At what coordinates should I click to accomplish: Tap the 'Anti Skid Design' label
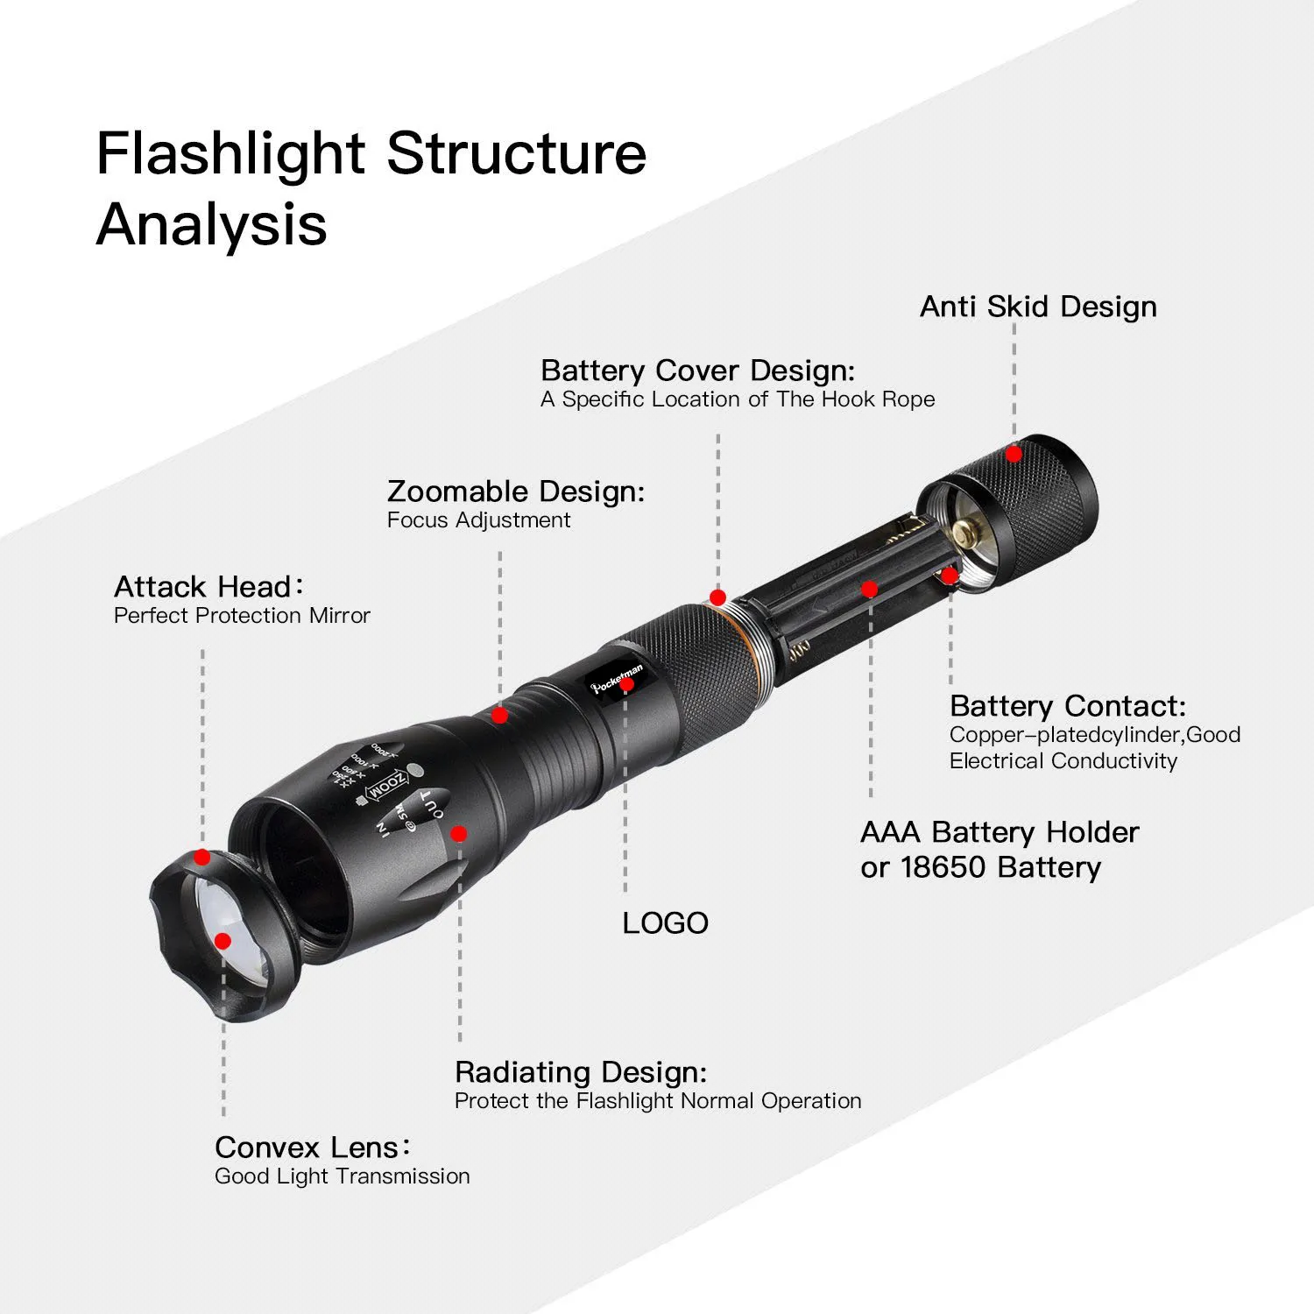(x=1038, y=307)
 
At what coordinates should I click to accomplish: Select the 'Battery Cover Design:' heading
(x=697, y=371)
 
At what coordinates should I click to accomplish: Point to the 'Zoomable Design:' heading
(x=515, y=491)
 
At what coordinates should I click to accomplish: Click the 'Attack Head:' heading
(x=208, y=586)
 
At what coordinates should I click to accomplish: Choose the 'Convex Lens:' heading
(x=312, y=1148)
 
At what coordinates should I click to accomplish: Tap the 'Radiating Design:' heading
(x=580, y=1072)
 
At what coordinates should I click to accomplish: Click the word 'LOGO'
(x=665, y=923)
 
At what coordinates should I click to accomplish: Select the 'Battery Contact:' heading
(x=1067, y=706)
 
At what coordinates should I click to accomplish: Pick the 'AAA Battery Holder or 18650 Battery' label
(x=999, y=850)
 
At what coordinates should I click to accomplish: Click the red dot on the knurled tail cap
(x=1014, y=455)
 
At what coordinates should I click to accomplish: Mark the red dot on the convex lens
(x=223, y=941)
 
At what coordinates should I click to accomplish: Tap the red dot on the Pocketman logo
(x=626, y=685)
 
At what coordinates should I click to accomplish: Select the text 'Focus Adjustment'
(x=478, y=520)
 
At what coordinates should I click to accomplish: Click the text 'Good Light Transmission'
(x=342, y=1176)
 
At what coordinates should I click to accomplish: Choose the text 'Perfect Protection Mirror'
(x=242, y=616)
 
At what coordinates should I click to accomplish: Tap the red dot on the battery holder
(x=869, y=590)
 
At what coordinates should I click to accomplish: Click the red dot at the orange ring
(x=717, y=597)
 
